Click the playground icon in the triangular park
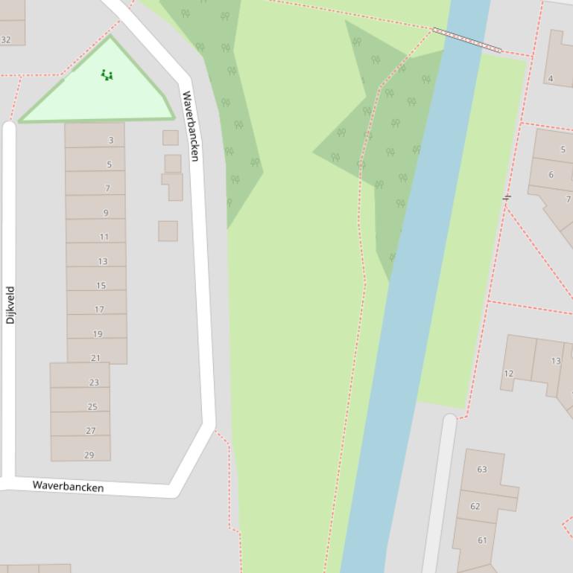pyautogui.click(x=107, y=74)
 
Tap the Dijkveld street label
pyautogui.click(x=10, y=305)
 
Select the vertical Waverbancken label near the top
pyautogui.click(x=190, y=126)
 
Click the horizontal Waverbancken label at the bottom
pyautogui.click(x=68, y=486)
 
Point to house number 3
pyautogui.click(x=111, y=140)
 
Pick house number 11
pyautogui.click(x=104, y=237)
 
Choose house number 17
pyautogui.click(x=100, y=309)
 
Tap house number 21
pyautogui.click(x=95, y=358)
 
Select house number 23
pyautogui.click(x=94, y=382)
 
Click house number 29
pyautogui.click(x=89, y=455)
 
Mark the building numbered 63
pyautogui.click(x=481, y=470)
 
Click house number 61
pyautogui.click(x=481, y=540)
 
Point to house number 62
pyautogui.click(x=475, y=506)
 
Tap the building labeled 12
pyautogui.click(x=508, y=374)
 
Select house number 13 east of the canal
pyautogui.click(x=555, y=361)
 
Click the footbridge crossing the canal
pyautogui.click(x=467, y=40)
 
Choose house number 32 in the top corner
pyautogui.click(x=6, y=39)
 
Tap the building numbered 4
pyautogui.click(x=551, y=78)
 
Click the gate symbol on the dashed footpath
pyautogui.click(x=507, y=197)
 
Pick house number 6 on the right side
pyautogui.click(x=551, y=175)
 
